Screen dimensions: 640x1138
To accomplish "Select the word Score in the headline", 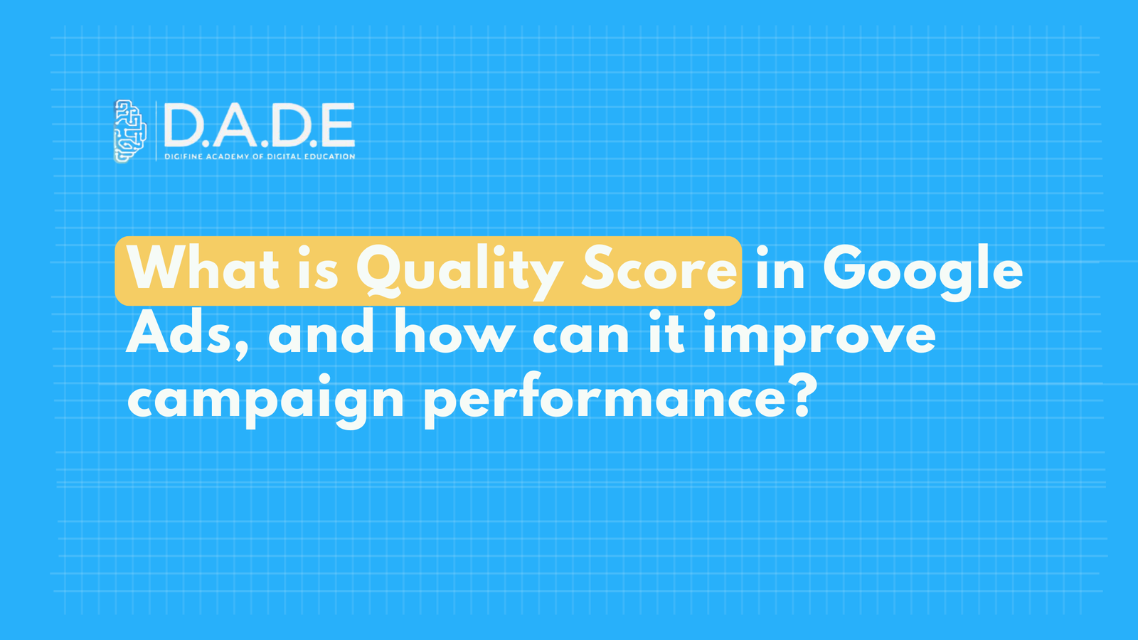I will (659, 270).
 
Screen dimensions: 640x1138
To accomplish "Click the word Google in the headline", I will (922, 271).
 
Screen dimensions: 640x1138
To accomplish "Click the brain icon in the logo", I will (130, 130).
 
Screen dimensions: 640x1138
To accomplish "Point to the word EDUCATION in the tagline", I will (330, 156).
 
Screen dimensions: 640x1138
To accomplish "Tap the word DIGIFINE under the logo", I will (184, 156).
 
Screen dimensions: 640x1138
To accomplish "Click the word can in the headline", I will (580, 335).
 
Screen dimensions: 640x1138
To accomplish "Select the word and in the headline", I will (321, 334).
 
